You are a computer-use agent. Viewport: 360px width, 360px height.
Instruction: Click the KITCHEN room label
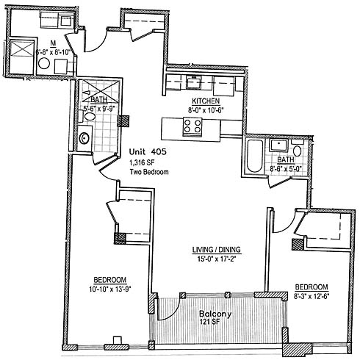point(206,101)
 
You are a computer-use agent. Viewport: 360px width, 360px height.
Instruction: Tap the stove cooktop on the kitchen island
point(192,126)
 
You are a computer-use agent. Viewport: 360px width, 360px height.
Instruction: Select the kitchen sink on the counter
point(193,82)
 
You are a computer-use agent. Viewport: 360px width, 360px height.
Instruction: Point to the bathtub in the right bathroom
point(255,156)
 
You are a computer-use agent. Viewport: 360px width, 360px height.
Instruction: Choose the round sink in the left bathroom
point(84,138)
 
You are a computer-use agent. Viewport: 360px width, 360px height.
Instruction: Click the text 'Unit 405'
point(148,152)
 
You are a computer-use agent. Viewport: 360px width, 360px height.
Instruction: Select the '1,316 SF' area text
point(142,162)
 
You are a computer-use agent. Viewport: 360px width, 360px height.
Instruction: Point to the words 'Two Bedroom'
point(149,172)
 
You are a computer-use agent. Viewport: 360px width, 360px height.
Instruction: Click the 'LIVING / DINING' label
point(216,250)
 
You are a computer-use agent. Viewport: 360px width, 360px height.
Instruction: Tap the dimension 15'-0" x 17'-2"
point(216,259)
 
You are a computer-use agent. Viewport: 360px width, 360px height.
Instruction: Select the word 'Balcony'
point(215,314)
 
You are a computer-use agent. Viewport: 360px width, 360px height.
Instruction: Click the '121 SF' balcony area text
point(209,322)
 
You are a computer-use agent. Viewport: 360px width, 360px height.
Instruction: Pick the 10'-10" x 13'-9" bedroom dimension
point(110,289)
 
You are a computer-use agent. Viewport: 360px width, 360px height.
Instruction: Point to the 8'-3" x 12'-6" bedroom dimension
point(312,296)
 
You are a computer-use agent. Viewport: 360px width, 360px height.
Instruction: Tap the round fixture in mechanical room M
point(44,64)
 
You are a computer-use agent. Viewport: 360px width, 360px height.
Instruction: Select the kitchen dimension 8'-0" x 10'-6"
point(206,110)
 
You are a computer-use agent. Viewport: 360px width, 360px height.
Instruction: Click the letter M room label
point(53,43)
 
